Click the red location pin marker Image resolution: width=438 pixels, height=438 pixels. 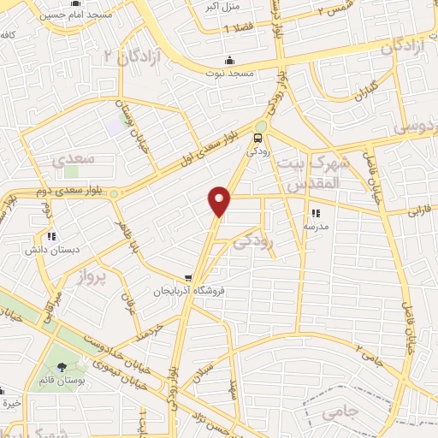click(221, 200)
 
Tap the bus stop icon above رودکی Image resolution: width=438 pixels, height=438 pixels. click(257, 138)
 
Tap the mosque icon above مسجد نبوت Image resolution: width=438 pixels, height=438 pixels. click(229, 61)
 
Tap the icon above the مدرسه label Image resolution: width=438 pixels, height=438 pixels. click(315, 213)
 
